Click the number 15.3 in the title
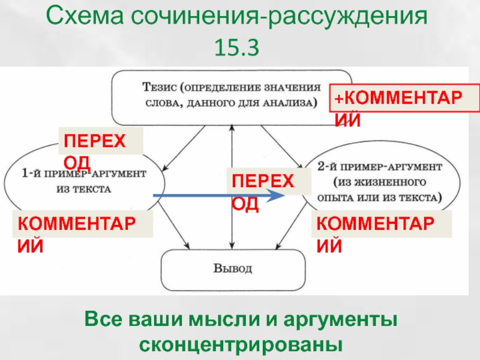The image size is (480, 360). click(x=236, y=48)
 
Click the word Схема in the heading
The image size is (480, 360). click(x=85, y=16)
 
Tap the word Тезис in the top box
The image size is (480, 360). click(x=160, y=87)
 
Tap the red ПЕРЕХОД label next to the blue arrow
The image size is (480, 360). click(x=263, y=192)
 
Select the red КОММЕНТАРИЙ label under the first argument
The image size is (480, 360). click(x=77, y=234)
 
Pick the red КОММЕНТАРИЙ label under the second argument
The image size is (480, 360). click(x=376, y=234)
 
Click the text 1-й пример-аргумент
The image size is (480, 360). click(x=84, y=174)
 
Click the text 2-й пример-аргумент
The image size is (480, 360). click(x=380, y=167)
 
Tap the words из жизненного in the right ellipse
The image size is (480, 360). click(x=380, y=182)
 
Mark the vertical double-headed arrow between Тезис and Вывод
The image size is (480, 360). click(x=232, y=187)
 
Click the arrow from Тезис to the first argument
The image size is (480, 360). click(x=184, y=148)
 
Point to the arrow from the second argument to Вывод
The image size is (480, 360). click(x=292, y=226)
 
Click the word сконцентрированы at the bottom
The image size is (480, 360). click(x=241, y=344)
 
